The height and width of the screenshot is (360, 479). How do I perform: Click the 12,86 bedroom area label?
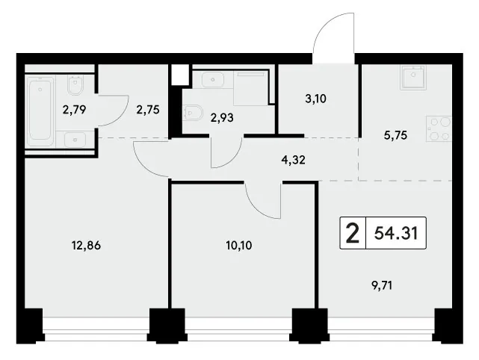[86, 245]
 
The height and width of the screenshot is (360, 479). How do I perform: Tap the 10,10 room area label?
[239, 245]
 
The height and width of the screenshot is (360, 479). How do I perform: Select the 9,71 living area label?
[382, 286]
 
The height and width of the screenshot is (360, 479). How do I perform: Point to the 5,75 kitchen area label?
[395, 135]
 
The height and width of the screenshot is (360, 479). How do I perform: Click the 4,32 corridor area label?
[294, 160]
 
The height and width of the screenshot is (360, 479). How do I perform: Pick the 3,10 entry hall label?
[316, 99]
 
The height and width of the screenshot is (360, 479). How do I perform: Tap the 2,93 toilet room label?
[222, 117]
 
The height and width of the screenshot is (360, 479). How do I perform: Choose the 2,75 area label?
[148, 110]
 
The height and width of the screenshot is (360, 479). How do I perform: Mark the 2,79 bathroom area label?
[74, 109]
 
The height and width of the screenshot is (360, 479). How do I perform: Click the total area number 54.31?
[396, 233]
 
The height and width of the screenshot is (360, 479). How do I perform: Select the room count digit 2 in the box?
[353, 233]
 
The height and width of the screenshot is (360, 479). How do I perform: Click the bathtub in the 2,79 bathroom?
[40, 111]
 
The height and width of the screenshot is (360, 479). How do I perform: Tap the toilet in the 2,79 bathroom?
[75, 85]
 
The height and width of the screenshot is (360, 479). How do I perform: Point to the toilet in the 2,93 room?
[194, 113]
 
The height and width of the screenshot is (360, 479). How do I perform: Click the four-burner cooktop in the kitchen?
[439, 128]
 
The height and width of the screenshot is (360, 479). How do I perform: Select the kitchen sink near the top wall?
[413, 77]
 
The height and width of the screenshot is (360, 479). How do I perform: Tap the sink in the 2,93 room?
[213, 80]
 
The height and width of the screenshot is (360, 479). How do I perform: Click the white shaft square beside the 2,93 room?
[180, 75]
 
